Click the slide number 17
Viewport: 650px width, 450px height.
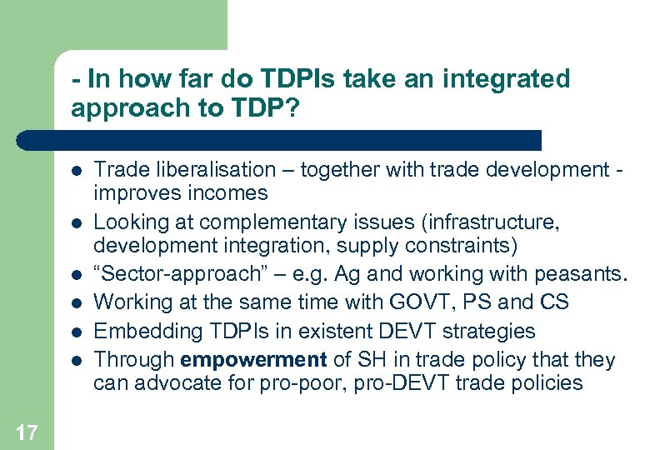pos(26,432)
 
